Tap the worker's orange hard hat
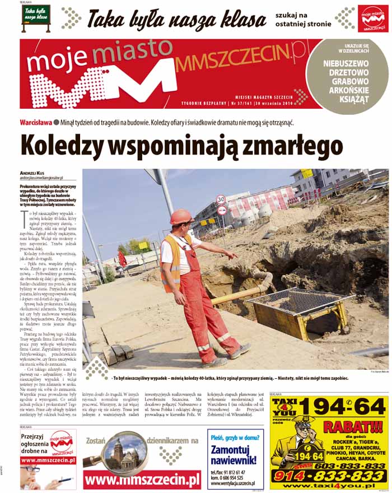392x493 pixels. click(x=180, y=217)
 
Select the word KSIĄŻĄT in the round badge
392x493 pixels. click(x=346, y=100)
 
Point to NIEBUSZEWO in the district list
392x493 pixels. click(x=346, y=63)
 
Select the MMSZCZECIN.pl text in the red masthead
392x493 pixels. click(x=241, y=63)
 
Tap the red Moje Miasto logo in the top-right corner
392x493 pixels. click(x=372, y=19)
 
